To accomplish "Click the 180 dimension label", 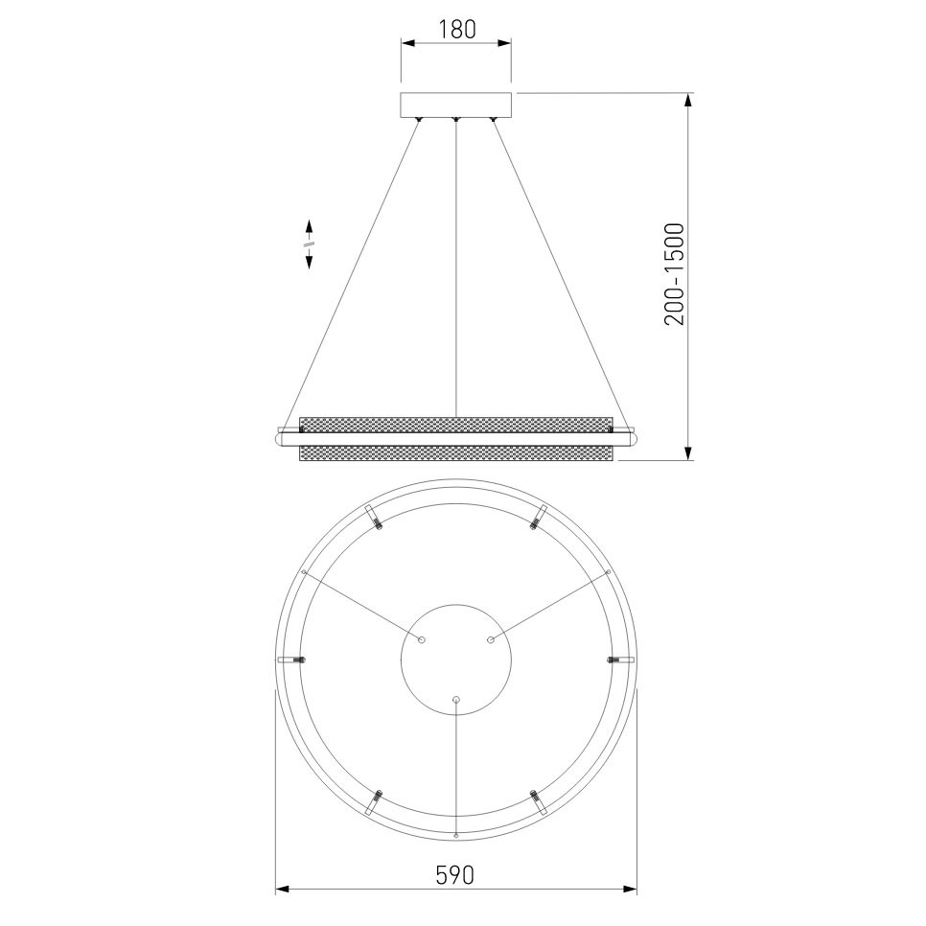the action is click(456, 29).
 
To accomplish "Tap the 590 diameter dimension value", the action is click(454, 874).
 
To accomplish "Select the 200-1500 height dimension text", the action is click(674, 274).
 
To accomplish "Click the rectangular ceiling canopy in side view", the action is click(456, 105).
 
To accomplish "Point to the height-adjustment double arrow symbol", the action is click(309, 243).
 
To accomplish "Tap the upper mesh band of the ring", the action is click(456, 424).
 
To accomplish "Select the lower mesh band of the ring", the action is click(456, 453).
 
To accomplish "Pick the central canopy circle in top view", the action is click(456, 660).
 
